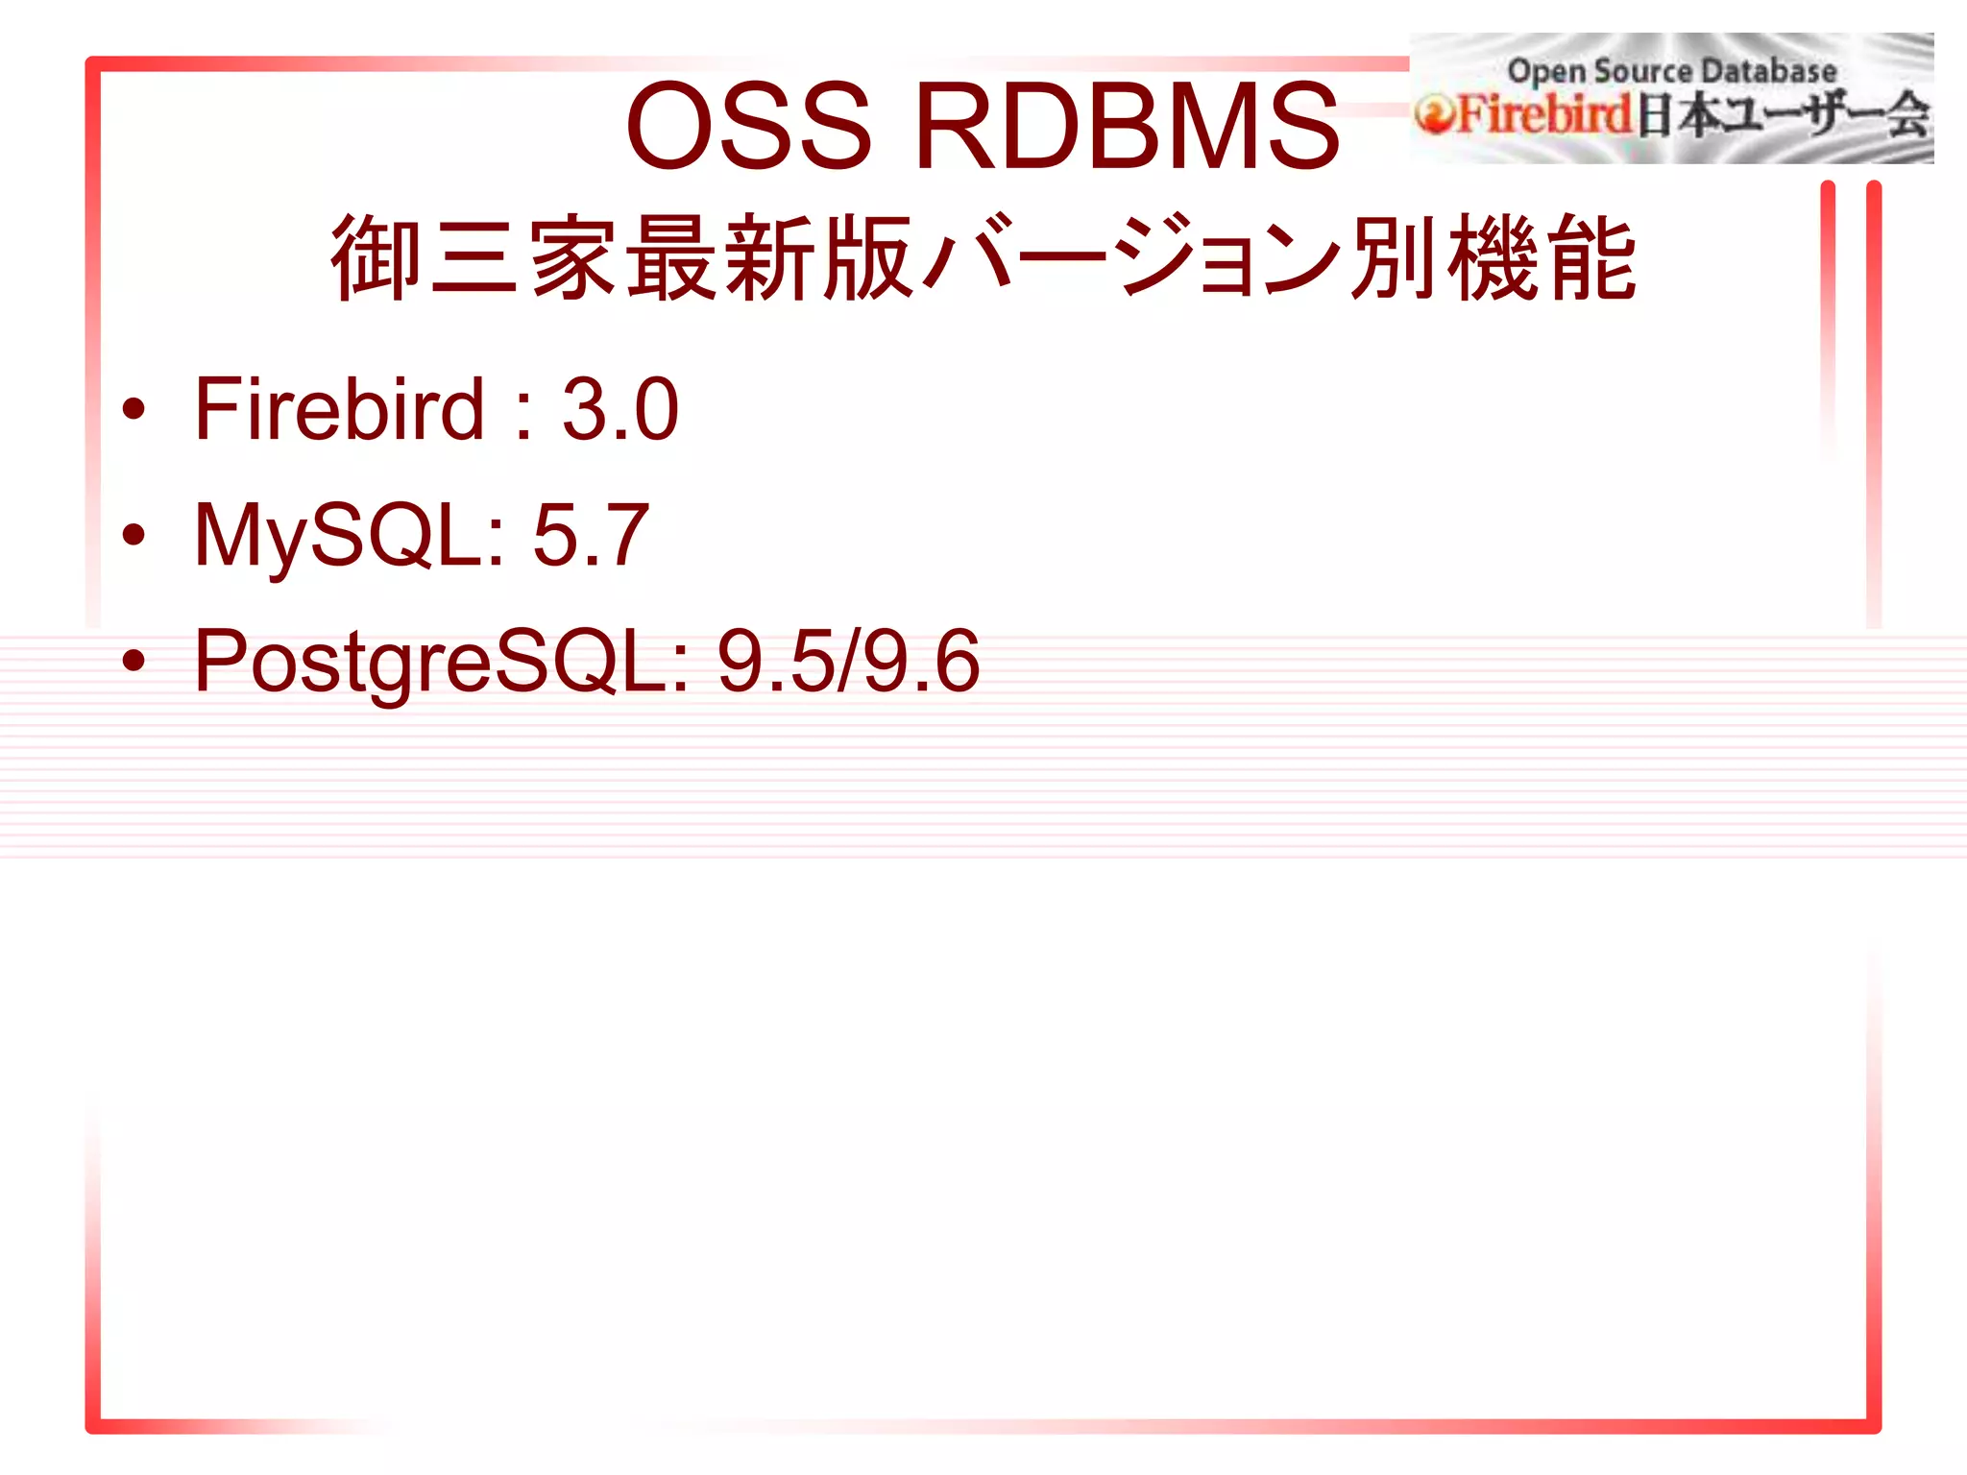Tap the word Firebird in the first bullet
(339, 410)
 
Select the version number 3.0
(620, 410)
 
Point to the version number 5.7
(591, 536)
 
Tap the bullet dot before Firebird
(134, 409)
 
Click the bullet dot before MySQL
(134, 534)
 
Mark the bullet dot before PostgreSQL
(134, 661)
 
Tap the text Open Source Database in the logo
(1671, 71)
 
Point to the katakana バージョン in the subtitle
(1133, 257)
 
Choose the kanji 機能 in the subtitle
(1542, 257)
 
